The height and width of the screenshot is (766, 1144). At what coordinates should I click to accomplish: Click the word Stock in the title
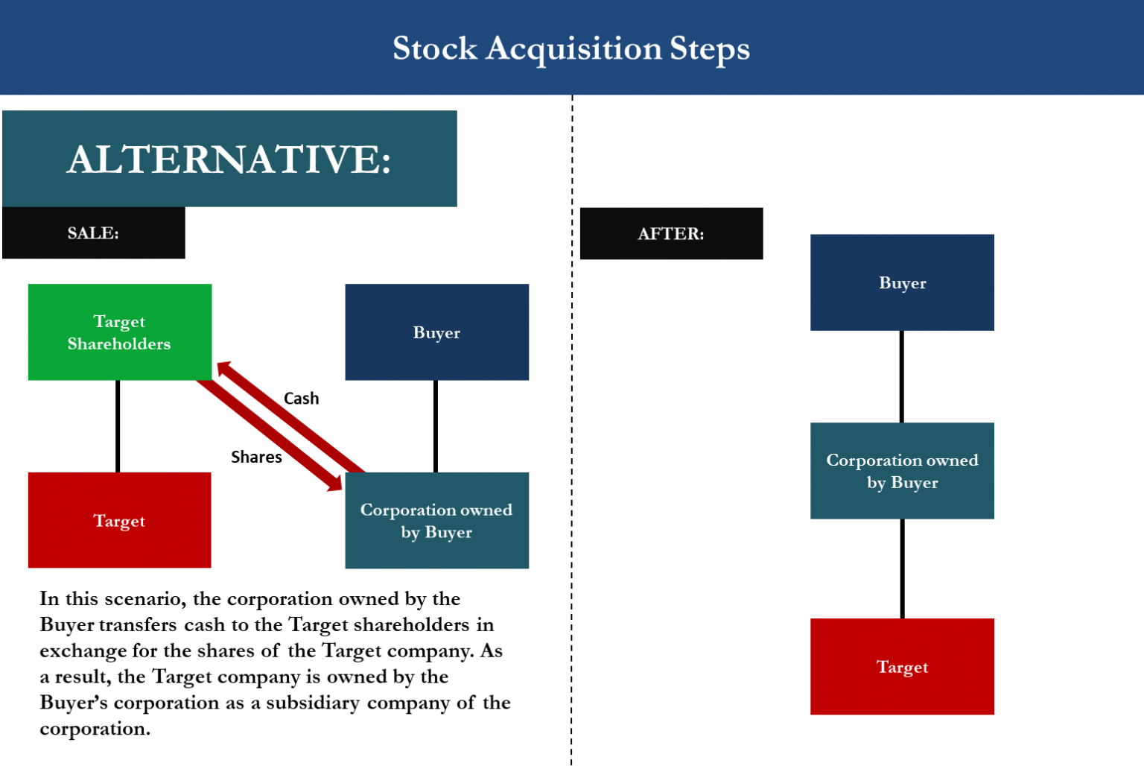coord(434,48)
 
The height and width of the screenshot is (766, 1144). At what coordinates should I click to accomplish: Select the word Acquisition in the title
coord(573,48)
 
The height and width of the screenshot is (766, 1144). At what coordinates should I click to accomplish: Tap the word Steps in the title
coord(709,48)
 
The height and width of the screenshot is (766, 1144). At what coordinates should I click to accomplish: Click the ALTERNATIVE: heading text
coord(229,159)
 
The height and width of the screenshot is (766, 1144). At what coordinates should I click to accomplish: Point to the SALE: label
coord(93,233)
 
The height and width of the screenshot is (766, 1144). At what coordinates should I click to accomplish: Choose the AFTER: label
coord(670,234)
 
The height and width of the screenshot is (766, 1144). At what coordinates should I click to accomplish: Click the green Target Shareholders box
coord(119,332)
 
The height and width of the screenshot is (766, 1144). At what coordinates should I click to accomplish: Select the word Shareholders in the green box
coord(119,344)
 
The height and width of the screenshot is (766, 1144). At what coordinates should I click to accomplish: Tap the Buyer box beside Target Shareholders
coord(436,332)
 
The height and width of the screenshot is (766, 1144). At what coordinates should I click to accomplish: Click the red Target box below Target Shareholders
coord(119,520)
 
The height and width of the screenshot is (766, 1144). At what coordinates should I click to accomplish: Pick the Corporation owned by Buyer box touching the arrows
coord(436,520)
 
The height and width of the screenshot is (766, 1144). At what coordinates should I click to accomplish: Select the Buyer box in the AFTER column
coord(902,282)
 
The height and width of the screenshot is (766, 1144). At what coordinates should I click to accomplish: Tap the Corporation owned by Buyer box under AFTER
coord(902,471)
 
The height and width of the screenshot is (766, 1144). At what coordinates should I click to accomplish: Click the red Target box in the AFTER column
coord(902,666)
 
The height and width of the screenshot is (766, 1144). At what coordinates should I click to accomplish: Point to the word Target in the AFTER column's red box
coord(902,667)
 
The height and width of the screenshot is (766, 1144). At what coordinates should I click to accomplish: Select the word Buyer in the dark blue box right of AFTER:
coord(902,283)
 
